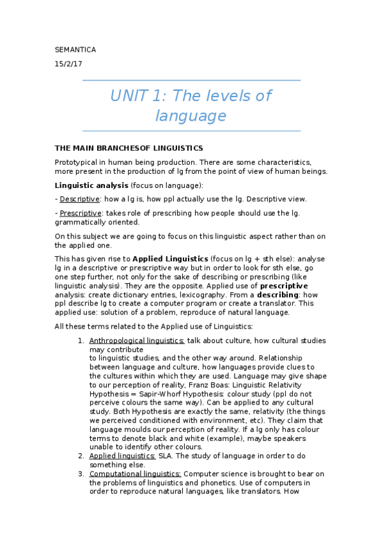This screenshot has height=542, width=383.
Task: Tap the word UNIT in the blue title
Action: point(128,96)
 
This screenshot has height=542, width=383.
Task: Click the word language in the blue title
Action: point(191,116)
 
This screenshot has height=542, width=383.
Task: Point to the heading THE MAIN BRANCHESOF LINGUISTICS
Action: point(129,148)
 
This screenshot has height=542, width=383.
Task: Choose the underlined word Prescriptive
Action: point(81,213)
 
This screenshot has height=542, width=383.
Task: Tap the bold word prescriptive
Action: point(284,286)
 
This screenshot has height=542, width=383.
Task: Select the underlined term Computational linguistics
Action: point(136,474)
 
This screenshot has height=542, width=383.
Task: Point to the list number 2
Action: point(81,456)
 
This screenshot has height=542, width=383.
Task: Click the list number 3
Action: point(81,474)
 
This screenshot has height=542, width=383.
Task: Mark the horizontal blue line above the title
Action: point(191,81)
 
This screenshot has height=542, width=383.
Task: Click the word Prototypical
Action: point(76,162)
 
